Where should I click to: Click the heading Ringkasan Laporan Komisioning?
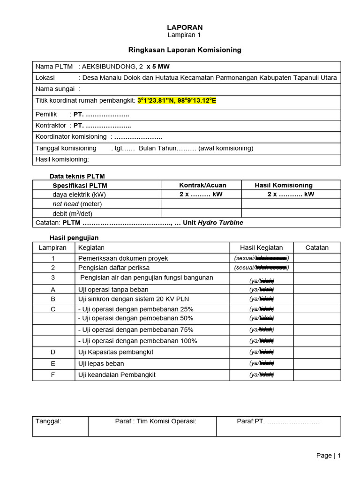coord(185,50)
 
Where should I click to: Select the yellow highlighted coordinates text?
coord(177,100)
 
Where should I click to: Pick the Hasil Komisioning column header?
coord(283,185)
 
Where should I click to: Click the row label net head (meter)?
coord(77,204)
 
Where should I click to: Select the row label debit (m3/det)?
coord(72,213)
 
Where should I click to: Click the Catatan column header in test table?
coord(317,247)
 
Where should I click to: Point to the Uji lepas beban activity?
coord(101,363)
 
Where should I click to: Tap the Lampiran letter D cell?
coord(53,352)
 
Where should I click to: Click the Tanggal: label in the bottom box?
coord(48,421)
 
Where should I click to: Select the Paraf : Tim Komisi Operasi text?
coord(156,421)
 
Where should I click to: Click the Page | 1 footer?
coord(328,456)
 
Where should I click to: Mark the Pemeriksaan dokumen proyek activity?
coord(123,258)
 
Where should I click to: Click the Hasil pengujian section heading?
coord(74,238)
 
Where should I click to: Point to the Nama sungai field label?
coord(55,89)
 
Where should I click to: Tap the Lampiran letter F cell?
coord(53,375)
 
